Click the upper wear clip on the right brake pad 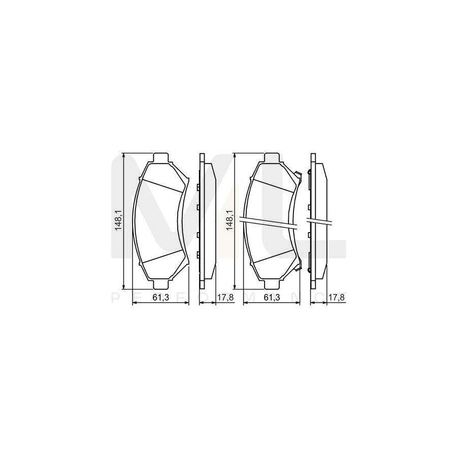[300, 177]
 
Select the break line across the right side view [319, 222]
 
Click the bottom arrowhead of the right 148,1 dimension [235, 284]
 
